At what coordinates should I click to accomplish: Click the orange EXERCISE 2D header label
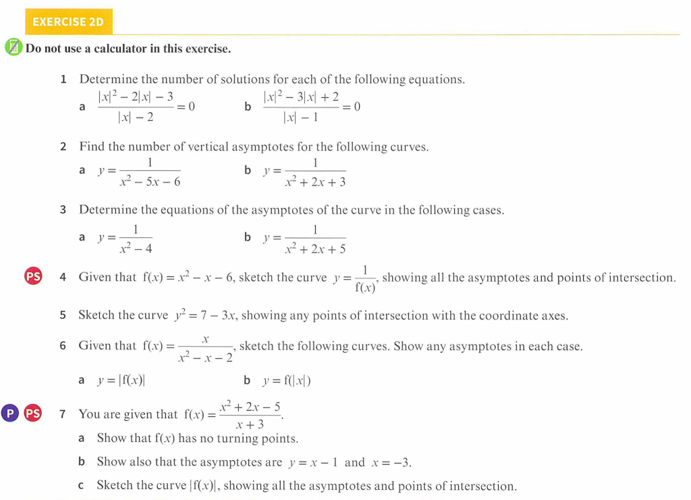click(68, 22)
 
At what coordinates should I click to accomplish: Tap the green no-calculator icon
click(13, 48)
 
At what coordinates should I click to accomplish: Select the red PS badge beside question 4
click(33, 276)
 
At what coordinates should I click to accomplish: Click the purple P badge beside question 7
click(9, 413)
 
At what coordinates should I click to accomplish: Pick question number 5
click(63, 315)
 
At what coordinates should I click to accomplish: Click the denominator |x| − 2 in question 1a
click(136, 118)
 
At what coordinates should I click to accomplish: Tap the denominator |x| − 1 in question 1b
click(300, 118)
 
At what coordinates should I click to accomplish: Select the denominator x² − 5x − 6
click(149, 182)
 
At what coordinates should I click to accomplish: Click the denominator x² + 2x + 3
click(315, 182)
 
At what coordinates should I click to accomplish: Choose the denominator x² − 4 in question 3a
click(135, 249)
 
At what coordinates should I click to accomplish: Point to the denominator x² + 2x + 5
click(315, 249)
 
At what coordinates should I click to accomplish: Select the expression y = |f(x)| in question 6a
click(121, 380)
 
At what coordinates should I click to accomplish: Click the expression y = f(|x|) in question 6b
click(287, 380)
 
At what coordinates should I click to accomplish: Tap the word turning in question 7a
click(237, 439)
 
